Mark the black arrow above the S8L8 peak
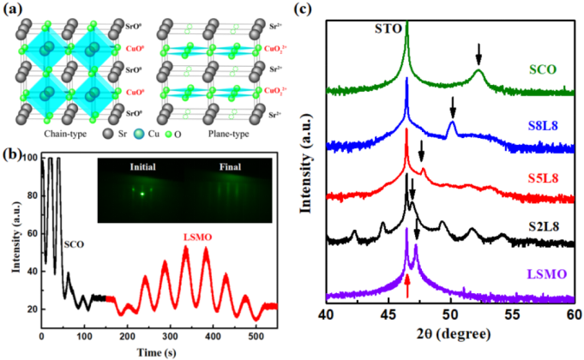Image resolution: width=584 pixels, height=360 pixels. click(453, 107)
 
